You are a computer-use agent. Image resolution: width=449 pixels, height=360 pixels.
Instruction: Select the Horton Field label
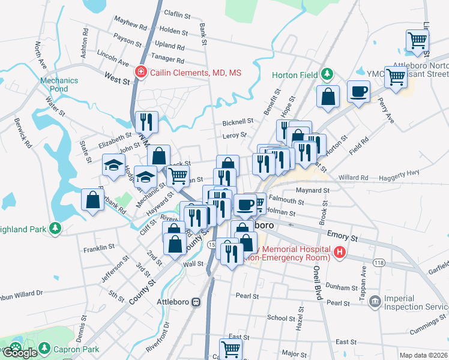point(294,75)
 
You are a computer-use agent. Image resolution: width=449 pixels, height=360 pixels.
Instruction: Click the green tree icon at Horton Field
point(327,74)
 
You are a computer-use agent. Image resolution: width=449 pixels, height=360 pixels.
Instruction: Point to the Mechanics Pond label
point(59,85)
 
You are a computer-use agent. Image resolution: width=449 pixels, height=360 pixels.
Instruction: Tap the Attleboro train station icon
point(196,302)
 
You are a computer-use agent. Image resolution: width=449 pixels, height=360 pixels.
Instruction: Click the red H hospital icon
point(340,252)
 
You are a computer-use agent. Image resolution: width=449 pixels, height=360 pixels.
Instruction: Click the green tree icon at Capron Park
point(44,347)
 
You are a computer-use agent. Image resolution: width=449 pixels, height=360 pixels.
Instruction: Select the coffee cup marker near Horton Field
point(358,92)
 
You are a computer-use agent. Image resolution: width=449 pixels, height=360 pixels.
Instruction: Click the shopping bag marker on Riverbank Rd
point(93,200)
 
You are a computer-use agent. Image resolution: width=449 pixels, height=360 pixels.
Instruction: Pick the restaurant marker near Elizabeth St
point(146,122)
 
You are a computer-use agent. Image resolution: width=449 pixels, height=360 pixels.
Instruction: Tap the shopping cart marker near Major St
point(231,349)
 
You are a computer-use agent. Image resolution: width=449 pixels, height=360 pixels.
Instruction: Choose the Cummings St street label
point(427,328)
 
